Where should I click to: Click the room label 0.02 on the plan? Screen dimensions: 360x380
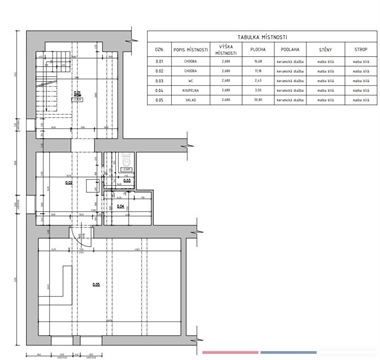(69, 182)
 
